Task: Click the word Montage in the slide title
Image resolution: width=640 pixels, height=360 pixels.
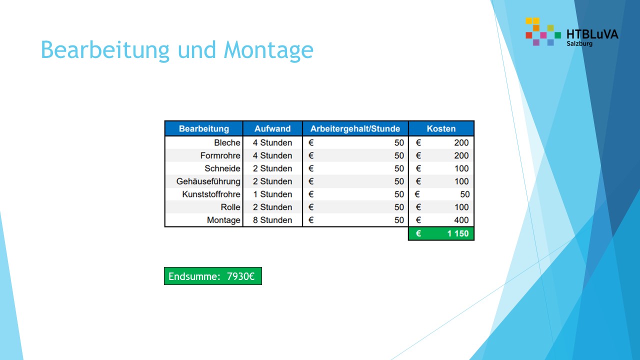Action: tap(268, 50)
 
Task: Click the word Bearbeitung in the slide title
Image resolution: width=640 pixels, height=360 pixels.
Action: tap(105, 50)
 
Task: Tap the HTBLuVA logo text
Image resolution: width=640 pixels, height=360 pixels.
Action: tap(592, 34)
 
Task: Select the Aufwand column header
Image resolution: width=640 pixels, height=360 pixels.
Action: tap(272, 128)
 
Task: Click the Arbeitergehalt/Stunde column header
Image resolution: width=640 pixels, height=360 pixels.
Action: tap(355, 128)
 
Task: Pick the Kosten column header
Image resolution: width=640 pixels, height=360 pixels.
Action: tap(441, 128)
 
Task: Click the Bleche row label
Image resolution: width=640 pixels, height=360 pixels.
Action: tap(227, 142)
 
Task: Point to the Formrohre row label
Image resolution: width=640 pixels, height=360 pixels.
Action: tap(220, 155)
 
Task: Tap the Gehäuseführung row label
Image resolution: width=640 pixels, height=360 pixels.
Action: tap(208, 181)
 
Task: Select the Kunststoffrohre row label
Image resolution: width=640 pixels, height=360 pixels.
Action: tap(211, 194)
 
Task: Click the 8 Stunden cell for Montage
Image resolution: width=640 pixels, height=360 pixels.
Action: tap(272, 220)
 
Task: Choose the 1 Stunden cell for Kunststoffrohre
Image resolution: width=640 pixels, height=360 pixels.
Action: tap(272, 194)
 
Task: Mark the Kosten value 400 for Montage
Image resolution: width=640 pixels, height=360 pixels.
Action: tap(461, 220)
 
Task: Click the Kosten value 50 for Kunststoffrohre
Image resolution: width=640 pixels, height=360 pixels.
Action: tap(465, 194)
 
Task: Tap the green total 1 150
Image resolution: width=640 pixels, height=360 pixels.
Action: tap(458, 233)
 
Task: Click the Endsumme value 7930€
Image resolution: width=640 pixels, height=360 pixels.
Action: tap(240, 276)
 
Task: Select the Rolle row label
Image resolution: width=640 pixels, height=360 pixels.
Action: tap(230, 207)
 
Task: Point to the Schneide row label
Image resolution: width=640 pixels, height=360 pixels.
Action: tap(222, 168)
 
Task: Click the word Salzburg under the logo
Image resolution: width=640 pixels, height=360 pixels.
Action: tap(579, 43)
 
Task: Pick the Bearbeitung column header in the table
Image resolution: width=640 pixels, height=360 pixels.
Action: tap(204, 128)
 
